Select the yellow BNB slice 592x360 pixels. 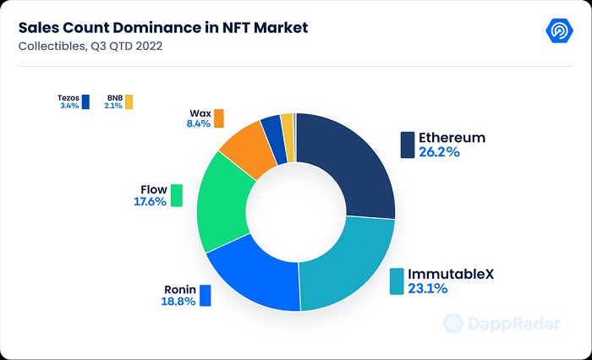click(287, 125)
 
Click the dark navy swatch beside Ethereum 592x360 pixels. click(408, 145)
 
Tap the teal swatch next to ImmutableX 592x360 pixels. click(397, 282)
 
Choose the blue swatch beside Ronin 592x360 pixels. click(205, 296)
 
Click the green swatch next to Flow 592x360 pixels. click(176, 195)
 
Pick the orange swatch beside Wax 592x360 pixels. click(219, 117)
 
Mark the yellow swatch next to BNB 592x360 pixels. click(129, 103)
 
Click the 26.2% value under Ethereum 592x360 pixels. click(439, 153)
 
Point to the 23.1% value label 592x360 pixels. click(428, 290)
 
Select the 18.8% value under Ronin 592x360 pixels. click(179, 302)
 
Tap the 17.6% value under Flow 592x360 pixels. click(149, 202)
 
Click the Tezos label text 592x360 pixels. click(69, 97)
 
